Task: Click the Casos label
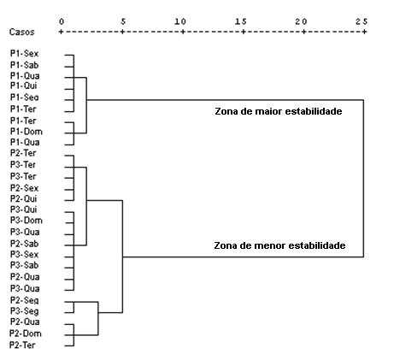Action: [x=21, y=32]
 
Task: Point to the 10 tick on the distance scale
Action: [x=180, y=21]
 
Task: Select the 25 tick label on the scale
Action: [x=362, y=21]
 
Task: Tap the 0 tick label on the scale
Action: [x=62, y=21]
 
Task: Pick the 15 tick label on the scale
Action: [x=241, y=21]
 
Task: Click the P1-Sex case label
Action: [x=24, y=53]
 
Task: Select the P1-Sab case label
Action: [x=24, y=65]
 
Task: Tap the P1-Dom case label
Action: [x=26, y=132]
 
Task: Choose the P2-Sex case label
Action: [x=24, y=188]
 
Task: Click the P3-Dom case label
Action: [x=26, y=221]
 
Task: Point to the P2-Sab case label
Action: [x=24, y=244]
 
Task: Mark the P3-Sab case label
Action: [x=24, y=265]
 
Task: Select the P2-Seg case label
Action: [x=24, y=300]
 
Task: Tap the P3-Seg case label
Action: [x=24, y=311]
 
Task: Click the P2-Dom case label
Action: [x=26, y=333]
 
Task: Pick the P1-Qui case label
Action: [x=24, y=86]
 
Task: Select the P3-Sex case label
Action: [x=24, y=254]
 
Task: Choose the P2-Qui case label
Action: [x=24, y=198]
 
